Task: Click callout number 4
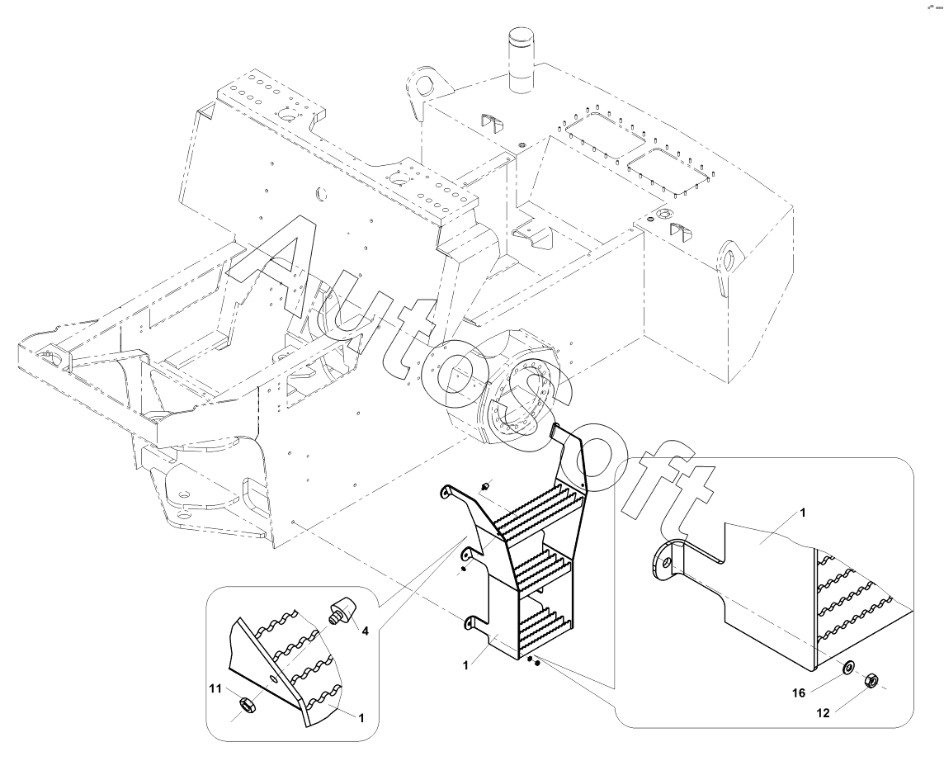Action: pyautogui.click(x=365, y=631)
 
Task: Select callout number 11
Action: pyautogui.click(x=215, y=688)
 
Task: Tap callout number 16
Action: pyautogui.click(x=799, y=693)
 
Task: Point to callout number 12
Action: pyautogui.click(x=823, y=713)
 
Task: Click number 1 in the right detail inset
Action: pyautogui.click(x=803, y=513)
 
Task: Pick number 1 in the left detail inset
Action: pyautogui.click(x=361, y=717)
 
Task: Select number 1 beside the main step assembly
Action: pyautogui.click(x=466, y=664)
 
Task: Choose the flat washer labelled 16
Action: pyautogui.click(x=847, y=668)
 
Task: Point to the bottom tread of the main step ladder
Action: pyautogui.click(x=544, y=627)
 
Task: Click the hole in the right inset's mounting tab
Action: pyautogui.click(x=664, y=561)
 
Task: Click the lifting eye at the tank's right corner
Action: pyautogui.click(x=729, y=260)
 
